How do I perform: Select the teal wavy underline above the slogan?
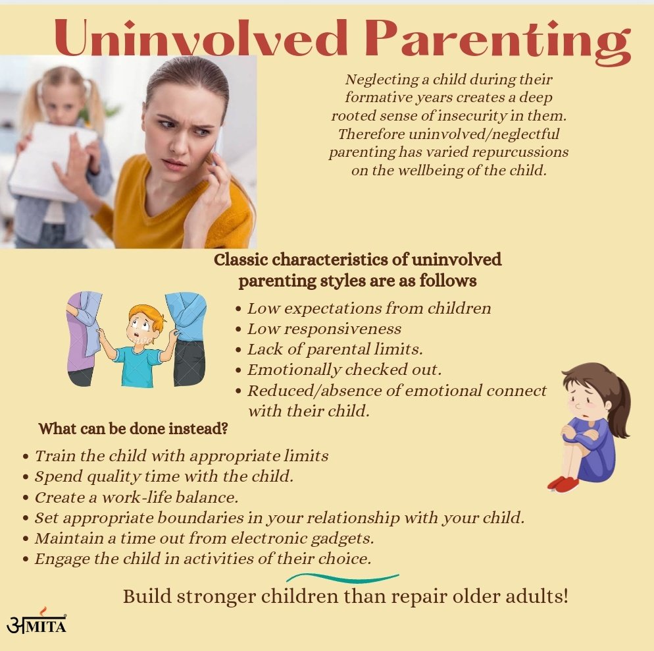(343, 579)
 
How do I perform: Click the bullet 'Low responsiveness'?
(324, 329)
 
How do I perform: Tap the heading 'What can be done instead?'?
(134, 429)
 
